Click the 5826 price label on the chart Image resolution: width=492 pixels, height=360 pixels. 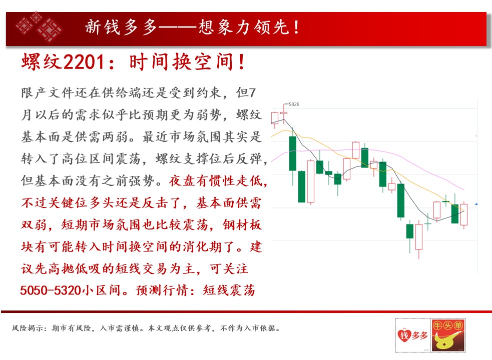coord(294,104)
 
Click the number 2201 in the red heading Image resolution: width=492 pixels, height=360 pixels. coord(84,61)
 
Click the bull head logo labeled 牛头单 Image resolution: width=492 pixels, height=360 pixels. coord(448,335)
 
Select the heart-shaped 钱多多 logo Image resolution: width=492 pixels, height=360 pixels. coord(412,335)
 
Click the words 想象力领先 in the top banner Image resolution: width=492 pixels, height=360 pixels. coord(243,27)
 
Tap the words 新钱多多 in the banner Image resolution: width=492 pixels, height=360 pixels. coord(121,27)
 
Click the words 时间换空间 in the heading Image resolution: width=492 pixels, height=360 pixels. coord(182,61)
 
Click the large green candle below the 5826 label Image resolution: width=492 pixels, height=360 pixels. coord(292,153)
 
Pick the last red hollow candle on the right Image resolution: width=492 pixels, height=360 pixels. coord(464,214)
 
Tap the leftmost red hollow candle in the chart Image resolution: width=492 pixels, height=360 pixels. coord(275,118)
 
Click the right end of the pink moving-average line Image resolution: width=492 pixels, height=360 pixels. coord(464,189)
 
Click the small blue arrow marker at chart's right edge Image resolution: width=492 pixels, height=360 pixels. coord(476,204)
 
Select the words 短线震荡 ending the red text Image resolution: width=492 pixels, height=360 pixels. coord(229,290)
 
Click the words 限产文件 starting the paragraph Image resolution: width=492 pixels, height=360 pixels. coord(48,93)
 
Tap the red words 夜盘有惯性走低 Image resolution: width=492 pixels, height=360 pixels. coord(215,181)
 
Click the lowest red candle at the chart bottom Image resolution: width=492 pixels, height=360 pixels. coord(419,237)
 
